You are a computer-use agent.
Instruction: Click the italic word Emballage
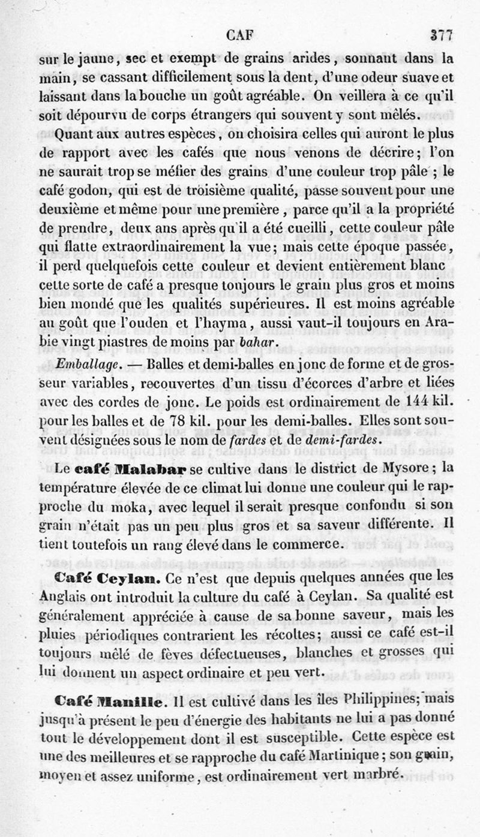[79, 363]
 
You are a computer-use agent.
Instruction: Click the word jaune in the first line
[91, 60]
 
